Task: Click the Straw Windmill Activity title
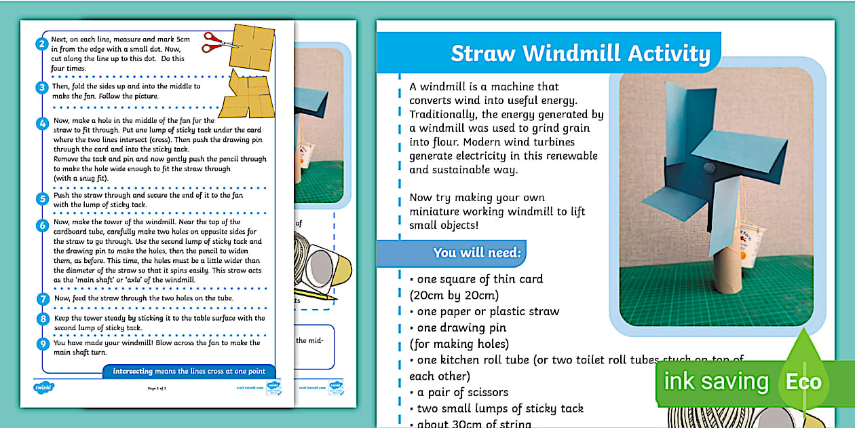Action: coord(580,54)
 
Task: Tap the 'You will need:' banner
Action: coord(476,253)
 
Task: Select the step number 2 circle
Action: coord(42,44)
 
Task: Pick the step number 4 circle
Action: coord(42,124)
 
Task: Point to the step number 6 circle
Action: coord(42,226)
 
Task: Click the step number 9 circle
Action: coord(42,344)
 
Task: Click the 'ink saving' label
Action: coord(716,382)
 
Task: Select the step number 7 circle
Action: coord(42,299)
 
